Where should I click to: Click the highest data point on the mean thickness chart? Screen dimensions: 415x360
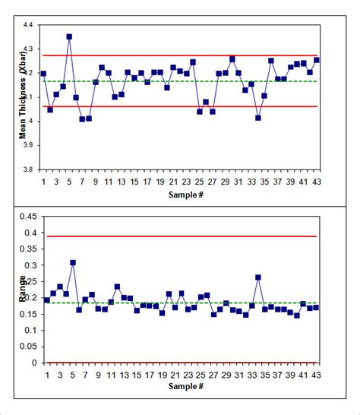69,36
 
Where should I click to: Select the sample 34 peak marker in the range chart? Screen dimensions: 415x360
258,278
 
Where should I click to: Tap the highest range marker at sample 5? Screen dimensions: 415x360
73,263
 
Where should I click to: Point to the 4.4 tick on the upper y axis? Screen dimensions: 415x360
27,26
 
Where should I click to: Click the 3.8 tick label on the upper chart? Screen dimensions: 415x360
27,169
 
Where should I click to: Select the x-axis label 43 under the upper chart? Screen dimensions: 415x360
316,182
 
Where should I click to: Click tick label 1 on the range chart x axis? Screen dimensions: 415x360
44,375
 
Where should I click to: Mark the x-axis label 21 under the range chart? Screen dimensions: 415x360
173,375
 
